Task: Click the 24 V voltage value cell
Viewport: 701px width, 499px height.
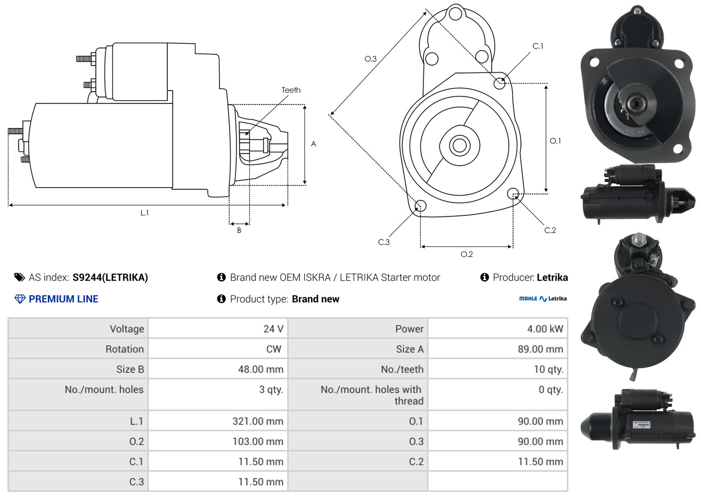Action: (273, 328)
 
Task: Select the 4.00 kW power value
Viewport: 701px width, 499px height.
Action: (545, 328)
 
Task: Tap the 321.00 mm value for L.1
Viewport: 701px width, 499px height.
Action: (258, 421)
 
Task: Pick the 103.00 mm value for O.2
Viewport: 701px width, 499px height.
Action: (258, 441)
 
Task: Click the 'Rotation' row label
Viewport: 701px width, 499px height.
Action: (125, 349)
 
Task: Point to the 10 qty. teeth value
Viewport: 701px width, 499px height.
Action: (548, 369)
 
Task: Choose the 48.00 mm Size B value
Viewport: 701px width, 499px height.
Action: (260, 369)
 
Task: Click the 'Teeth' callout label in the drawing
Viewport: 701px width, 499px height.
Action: (291, 90)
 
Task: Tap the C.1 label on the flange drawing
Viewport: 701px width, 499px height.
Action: (537, 46)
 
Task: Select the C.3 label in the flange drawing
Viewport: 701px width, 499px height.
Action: (384, 242)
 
